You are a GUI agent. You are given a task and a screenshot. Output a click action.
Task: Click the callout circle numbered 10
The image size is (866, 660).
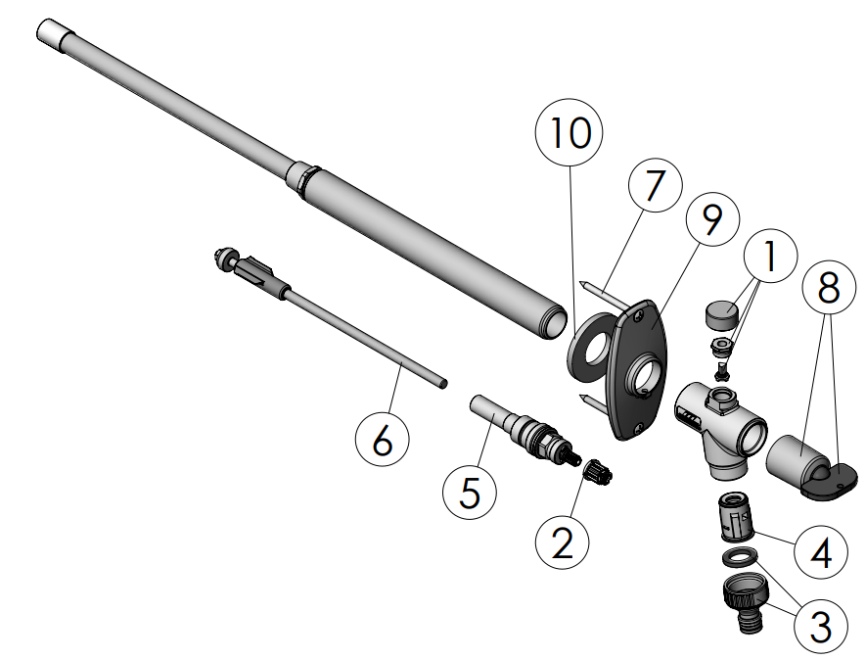(x=569, y=132)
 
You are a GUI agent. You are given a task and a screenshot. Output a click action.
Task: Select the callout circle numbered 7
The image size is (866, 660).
(x=655, y=185)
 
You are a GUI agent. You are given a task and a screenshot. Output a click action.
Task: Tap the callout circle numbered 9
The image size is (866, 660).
(x=712, y=219)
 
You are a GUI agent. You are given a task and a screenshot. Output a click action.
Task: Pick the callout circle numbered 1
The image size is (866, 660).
(x=770, y=256)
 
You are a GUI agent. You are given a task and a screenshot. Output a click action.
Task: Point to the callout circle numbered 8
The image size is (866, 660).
(x=829, y=288)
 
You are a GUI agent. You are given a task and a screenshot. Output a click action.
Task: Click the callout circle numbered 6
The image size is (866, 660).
(x=383, y=440)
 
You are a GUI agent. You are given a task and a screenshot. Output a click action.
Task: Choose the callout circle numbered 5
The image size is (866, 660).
(x=470, y=492)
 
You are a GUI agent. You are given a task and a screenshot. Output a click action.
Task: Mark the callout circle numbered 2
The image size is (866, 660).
(x=563, y=542)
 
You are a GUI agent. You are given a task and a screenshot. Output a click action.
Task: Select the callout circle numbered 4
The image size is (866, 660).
(x=821, y=551)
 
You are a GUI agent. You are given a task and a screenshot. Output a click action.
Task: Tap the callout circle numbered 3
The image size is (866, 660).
(x=821, y=627)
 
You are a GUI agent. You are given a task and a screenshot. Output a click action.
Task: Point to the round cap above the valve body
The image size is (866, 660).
(x=722, y=315)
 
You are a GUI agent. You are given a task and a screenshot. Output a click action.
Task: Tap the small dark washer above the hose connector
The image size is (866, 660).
(x=740, y=557)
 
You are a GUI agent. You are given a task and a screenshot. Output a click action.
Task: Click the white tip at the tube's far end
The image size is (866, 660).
(x=51, y=34)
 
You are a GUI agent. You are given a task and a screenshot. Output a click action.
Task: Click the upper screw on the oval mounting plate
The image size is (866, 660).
(x=639, y=314)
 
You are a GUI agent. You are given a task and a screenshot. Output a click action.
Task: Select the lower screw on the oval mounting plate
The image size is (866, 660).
(x=638, y=427)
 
